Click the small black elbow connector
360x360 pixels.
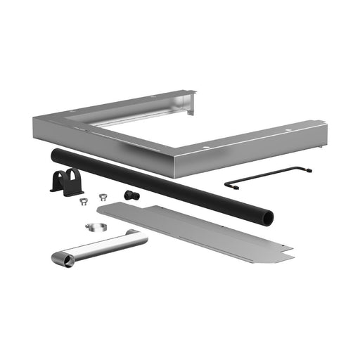click(131, 195)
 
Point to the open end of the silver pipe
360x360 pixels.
click(67, 261)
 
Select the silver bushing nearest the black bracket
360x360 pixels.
click(82, 201)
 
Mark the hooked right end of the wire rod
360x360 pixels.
click(308, 169)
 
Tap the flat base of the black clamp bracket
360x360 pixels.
click(66, 190)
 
